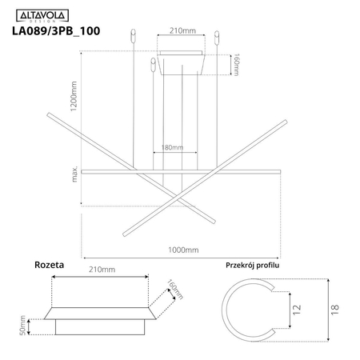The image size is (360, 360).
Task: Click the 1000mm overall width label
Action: click(183, 250)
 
